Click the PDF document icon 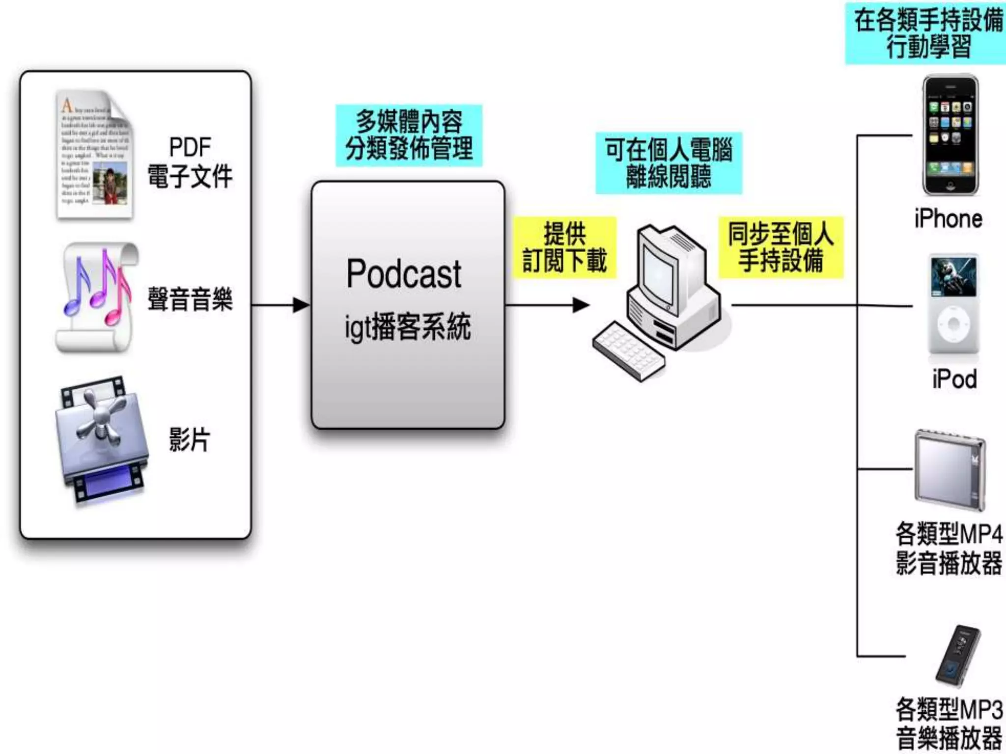click(94, 155)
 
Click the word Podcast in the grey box click(404, 274)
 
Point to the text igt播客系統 click(407, 326)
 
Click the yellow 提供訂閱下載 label click(564, 247)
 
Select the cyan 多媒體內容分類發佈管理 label click(409, 135)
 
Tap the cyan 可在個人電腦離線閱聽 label click(669, 163)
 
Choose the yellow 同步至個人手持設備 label click(781, 247)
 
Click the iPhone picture click(950, 135)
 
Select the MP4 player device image click(950, 470)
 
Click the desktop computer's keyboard click(629, 350)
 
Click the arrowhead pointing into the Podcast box click(301, 305)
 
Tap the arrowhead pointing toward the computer click(581, 305)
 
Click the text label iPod click(954, 379)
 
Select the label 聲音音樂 click(190, 299)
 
